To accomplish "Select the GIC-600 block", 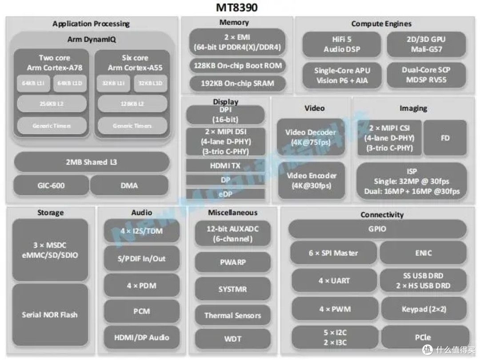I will click(51, 185).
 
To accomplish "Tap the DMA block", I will click(129, 185).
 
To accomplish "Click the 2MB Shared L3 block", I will click(92, 162).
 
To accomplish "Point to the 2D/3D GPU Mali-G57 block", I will click(426, 44).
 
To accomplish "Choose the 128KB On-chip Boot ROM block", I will click(238, 65).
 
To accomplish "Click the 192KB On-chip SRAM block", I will click(238, 83).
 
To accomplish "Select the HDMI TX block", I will click(225, 165).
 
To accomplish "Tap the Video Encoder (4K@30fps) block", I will click(311, 180).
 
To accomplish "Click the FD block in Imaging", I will click(445, 138).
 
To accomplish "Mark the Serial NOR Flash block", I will click(50, 315).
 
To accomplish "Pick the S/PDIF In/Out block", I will click(141, 259).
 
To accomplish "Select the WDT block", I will click(232, 339).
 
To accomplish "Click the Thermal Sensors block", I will click(232, 316).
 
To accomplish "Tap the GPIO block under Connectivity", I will click(377, 229).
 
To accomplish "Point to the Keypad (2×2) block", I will click(424, 309).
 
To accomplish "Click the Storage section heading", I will click(50, 213).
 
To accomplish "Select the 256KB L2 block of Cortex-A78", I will click(52, 104).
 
